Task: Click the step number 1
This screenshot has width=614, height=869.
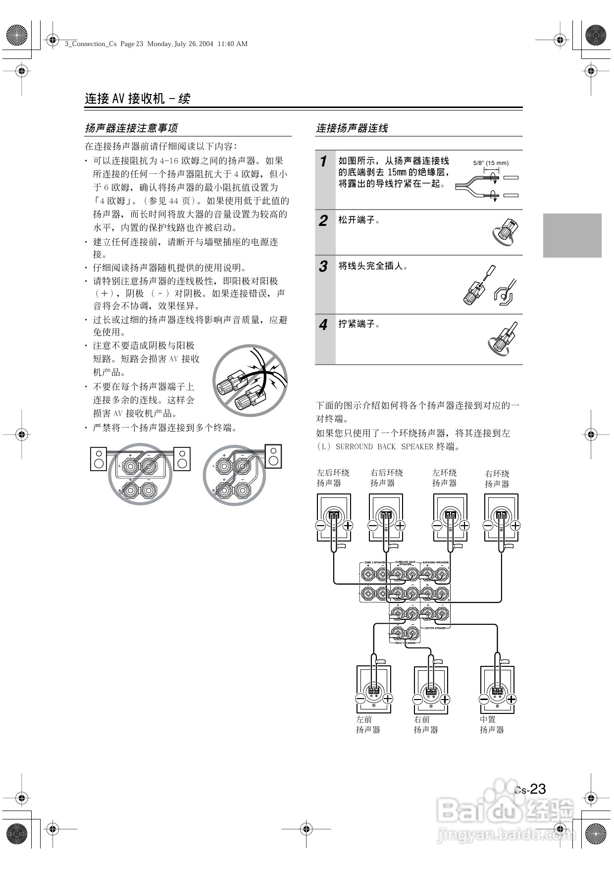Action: [x=323, y=162]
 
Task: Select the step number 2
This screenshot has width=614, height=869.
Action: [x=323, y=220]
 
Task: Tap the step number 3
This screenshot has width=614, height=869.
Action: [x=323, y=267]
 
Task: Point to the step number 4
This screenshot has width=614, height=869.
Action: [x=323, y=325]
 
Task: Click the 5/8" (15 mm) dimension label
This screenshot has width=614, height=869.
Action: [x=491, y=163]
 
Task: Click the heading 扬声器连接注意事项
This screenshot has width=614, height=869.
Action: [x=131, y=128]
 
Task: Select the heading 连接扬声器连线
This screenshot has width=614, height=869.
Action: [x=352, y=128]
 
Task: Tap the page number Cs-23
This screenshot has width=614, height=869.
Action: [x=530, y=789]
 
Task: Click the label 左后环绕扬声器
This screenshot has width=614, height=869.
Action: [x=333, y=478]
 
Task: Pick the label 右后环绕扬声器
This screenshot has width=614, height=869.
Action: [x=386, y=478]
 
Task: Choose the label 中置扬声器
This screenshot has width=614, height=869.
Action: [x=491, y=724]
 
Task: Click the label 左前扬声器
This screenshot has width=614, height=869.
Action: [x=368, y=724]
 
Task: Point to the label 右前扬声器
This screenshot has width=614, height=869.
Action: [x=426, y=724]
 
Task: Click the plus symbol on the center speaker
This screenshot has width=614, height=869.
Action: [x=511, y=699]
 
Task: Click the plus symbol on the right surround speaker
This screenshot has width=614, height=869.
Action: [x=515, y=526]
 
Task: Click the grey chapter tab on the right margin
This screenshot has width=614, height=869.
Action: [x=572, y=235]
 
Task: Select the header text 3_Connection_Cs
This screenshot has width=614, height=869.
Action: [x=91, y=44]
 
